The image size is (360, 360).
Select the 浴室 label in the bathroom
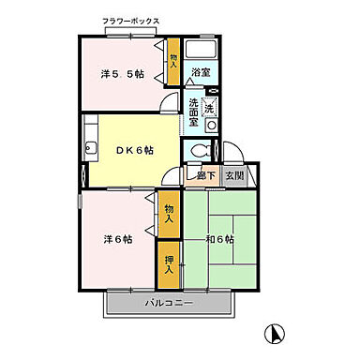click(200, 71)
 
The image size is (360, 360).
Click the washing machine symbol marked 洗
click(210, 105)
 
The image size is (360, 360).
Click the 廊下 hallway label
click(203, 175)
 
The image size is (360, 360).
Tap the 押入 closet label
click(169, 263)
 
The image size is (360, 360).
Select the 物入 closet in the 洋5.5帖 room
click(173, 59)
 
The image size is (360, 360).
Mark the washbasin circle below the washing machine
click(211, 123)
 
